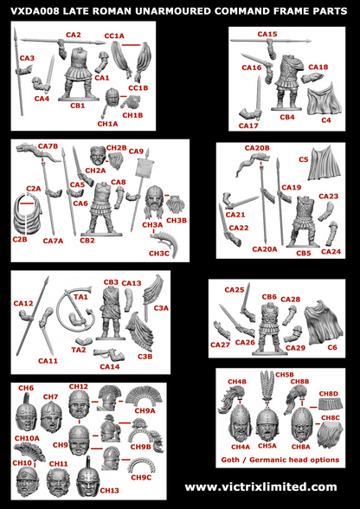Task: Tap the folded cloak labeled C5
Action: tap(320, 177)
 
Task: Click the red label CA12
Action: tap(23, 303)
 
